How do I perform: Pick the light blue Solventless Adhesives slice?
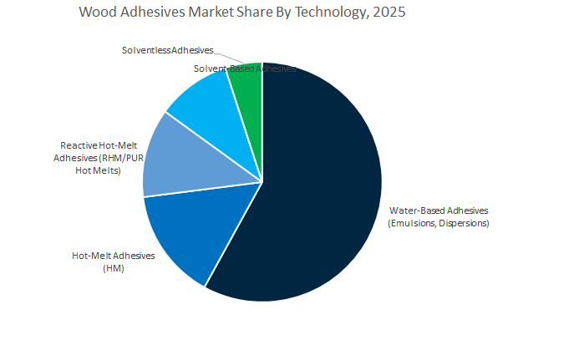[x=201, y=100]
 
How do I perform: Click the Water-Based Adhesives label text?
[x=438, y=210]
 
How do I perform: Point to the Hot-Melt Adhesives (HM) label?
[x=114, y=255]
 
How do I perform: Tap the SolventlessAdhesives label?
[x=167, y=51]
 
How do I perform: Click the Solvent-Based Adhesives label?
[x=244, y=68]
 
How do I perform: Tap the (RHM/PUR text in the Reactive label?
[x=120, y=157]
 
